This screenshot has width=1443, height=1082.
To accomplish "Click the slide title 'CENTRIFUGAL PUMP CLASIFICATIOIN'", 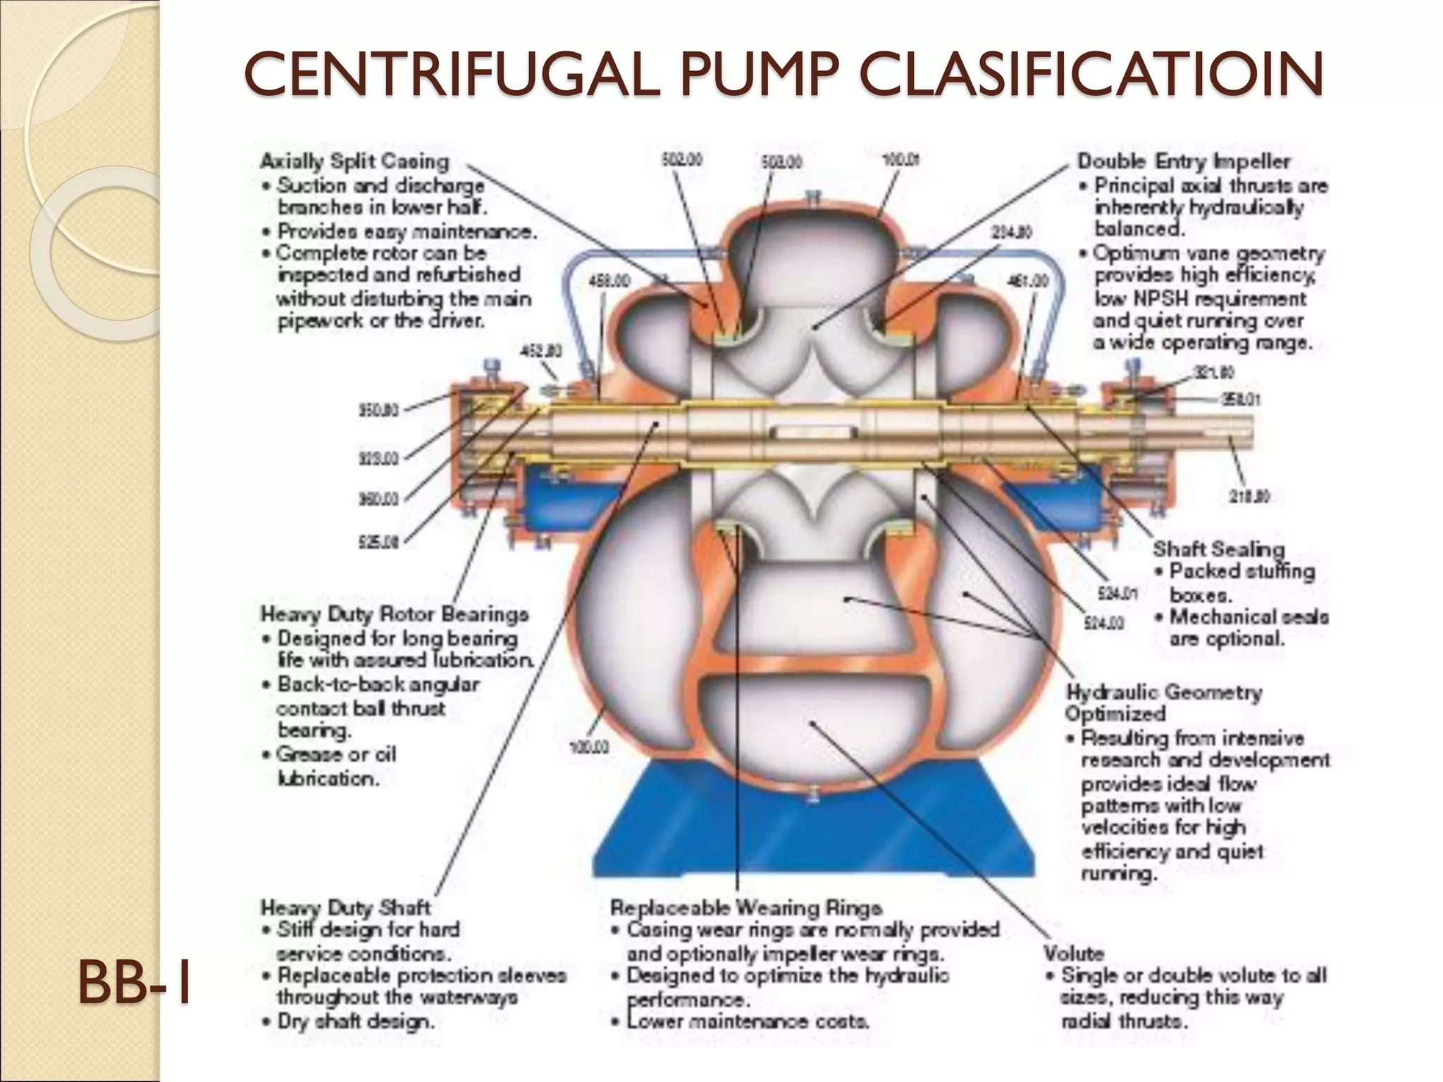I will pyautogui.click(x=783, y=75).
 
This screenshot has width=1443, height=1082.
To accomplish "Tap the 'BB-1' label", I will pyautogui.click(x=135, y=983).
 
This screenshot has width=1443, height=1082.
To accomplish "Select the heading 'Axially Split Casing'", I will pyautogui.click(x=354, y=161).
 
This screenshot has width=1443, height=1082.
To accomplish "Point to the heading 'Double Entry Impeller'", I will pyautogui.click(x=1184, y=161).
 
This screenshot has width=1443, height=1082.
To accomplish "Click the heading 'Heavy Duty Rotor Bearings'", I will pyautogui.click(x=395, y=614).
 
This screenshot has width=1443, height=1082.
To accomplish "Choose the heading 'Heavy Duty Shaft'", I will pyautogui.click(x=345, y=907).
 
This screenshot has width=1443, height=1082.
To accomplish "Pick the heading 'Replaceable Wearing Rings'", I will pyautogui.click(x=746, y=907).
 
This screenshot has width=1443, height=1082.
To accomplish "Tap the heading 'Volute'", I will pyautogui.click(x=1074, y=953).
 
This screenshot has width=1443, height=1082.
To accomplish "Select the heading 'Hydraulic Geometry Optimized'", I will pyautogui.click(x=1163, y=702).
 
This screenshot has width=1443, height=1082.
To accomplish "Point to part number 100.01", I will pyautogui.click(x=901, y=161).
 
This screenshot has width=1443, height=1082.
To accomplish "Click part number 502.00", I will pyautogui.click(x=681, y=161).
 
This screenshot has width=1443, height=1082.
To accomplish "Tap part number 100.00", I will pyautogui.click(x=589, y=747).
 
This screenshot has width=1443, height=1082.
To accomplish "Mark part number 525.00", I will pyautogui.click(x=379, y=542).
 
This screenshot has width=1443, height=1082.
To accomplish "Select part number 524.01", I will pyautogui.click(x=1117, y=594).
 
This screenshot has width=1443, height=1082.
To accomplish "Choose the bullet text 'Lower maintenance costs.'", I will pyautogui.click(x=748, y=1021).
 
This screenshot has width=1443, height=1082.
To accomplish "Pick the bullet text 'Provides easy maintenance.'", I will pyautogui.click(x=407, y=231).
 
